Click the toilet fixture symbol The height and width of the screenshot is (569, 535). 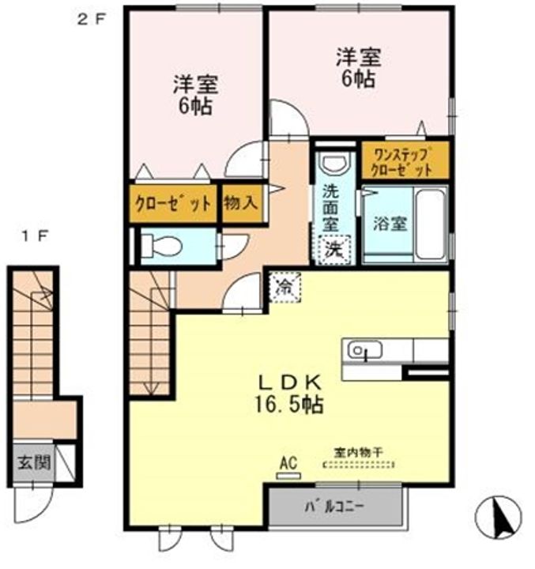point(160,247)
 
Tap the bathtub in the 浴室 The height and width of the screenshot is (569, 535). point(431,224)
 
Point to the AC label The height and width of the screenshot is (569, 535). point(288,463)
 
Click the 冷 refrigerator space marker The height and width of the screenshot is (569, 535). point(285,287)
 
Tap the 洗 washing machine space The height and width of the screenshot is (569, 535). point(334,250)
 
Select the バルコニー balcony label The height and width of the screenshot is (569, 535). point(334,506)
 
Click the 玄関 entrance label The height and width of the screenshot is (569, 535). point(34,462)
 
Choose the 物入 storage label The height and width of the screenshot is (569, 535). point(241,203)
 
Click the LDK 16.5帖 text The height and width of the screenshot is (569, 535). point(289,394)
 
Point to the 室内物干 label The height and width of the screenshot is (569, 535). point(358,453)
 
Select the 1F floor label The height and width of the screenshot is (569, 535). point(35,237)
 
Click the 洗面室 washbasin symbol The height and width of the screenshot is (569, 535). point(336,164)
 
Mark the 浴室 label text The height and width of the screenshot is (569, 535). point(390,224)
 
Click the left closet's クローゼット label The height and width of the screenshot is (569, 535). point(173,203)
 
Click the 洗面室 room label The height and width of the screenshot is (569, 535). point(331,208)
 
